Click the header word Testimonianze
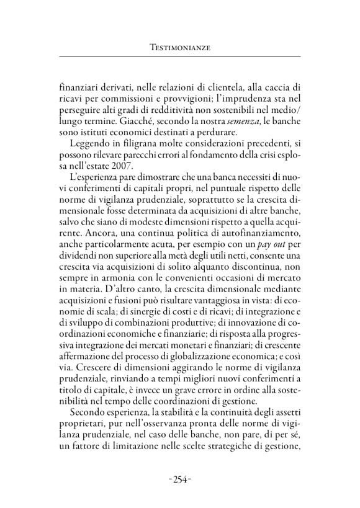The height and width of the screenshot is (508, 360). pos(179,47)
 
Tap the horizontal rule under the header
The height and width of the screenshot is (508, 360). pos(179,57)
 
